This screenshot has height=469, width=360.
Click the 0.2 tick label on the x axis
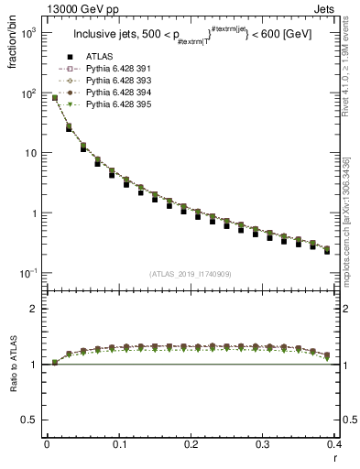[x=191, y=444]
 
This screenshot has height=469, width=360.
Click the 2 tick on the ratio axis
[x=32, y=309]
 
